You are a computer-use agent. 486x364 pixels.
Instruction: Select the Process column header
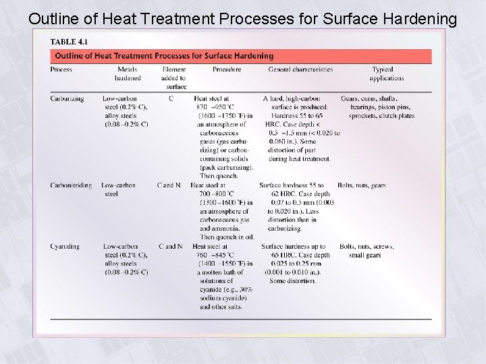(x=61, y=69)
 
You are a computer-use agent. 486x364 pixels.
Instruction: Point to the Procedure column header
(x=226, y=69)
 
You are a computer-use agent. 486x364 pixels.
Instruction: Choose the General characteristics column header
(x=300, y=69)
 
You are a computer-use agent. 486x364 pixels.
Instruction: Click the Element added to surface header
(x=173, y=78)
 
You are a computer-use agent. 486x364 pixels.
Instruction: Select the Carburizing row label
(x=67, y=98)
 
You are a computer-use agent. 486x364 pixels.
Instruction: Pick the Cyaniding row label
(x=65, y=247)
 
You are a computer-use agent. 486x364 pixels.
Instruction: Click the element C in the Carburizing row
(x=171, y=98)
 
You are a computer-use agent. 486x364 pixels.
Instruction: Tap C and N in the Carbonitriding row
(x=169, y=185)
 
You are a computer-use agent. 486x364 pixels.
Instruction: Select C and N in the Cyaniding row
(x=170, y=247)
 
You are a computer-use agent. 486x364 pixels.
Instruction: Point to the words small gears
(x=364, y=255)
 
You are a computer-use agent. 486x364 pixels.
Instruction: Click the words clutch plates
(x=396, y=116)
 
